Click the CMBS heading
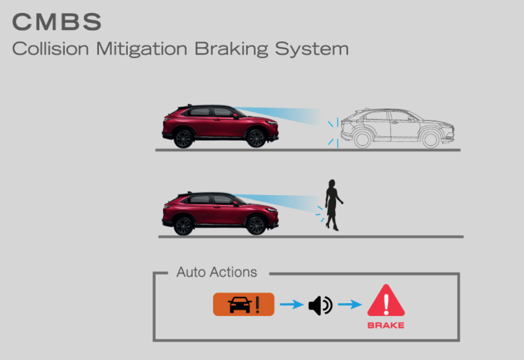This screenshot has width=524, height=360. click(x=57, y=22)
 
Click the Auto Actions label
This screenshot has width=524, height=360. click(x=217, y=272)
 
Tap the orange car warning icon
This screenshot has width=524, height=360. click(x=243, y=305)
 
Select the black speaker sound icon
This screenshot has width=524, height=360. click(x=320, y=305)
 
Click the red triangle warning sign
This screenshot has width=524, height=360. click(x=386, y=302)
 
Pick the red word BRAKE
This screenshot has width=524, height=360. click(x=386, y=325)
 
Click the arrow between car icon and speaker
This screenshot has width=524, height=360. click(x=291, y=305)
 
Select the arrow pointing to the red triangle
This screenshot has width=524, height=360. click(x=350, y=305)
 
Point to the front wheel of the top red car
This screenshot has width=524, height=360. click(x=256, y=138)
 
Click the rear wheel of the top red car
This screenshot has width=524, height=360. click(x=184, y=138)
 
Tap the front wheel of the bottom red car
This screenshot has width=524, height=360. click(x=255, y=226)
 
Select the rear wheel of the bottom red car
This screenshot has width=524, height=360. click(x=184, y=226)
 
